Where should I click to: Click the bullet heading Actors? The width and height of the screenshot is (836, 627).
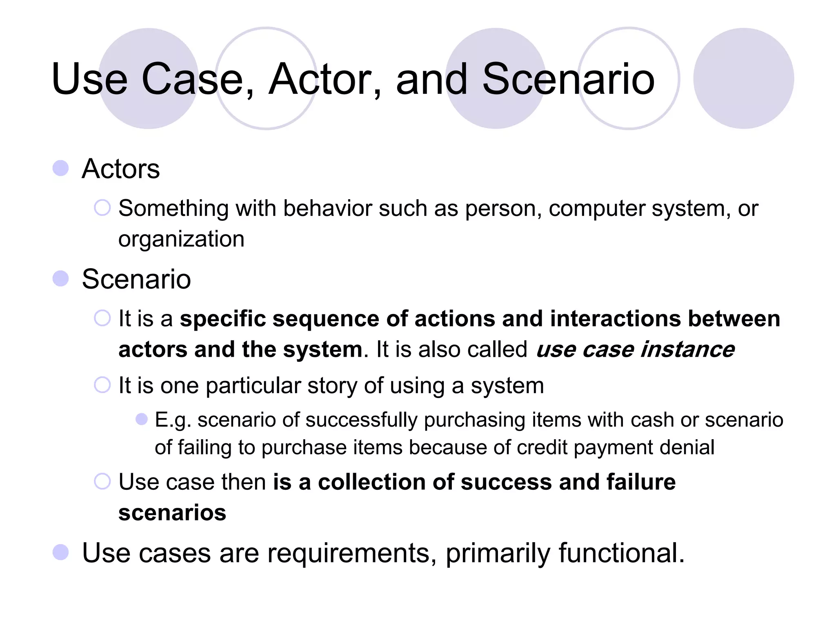tap(121, 169)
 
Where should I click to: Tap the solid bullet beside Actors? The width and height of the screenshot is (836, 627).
tap(61, 168)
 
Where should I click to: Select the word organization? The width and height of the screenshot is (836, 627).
tap(181, 239)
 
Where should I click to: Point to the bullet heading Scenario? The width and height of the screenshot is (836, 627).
tap(136, 279)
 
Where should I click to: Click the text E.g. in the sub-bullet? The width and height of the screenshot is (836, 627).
tap(173, 420)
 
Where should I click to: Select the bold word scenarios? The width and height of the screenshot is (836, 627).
tap(172, 513)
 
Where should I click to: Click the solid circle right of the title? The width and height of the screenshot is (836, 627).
tap(743, 78)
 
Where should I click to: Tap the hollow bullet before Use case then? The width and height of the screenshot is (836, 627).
tap(102, 481)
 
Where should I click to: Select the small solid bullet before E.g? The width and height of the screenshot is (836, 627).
tap(142, 419)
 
